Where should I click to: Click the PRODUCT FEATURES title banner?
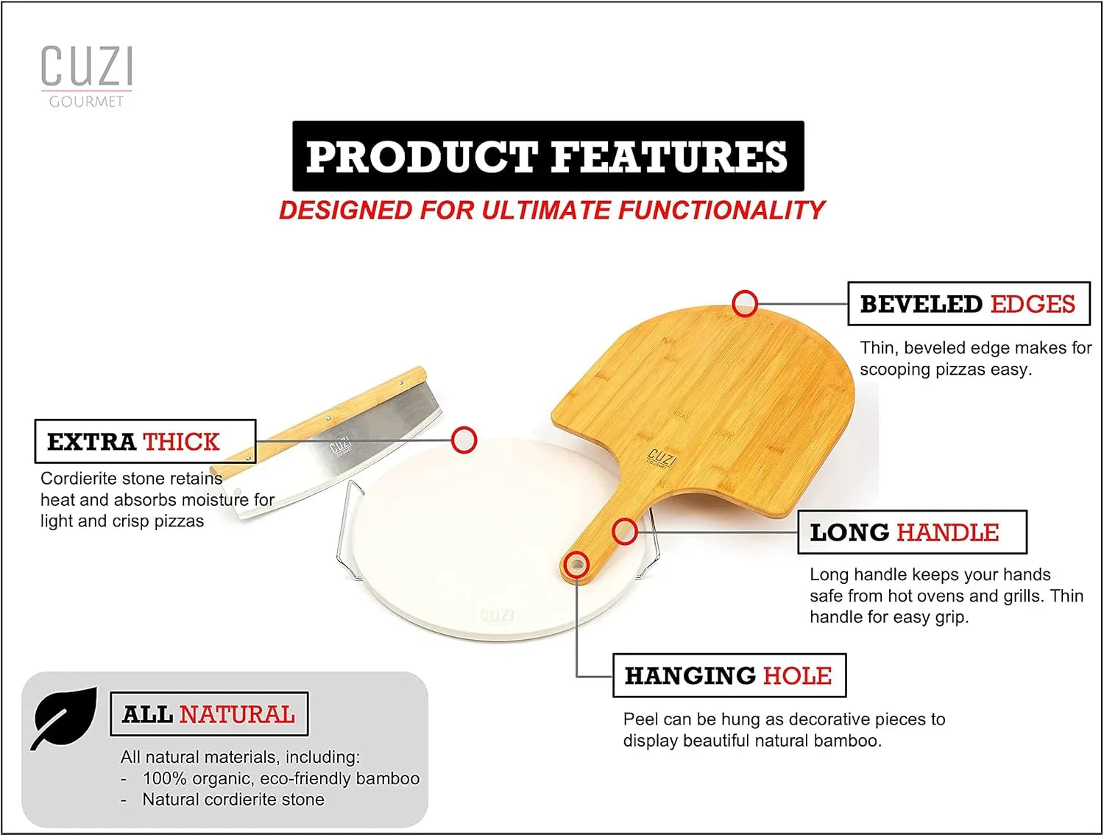548,156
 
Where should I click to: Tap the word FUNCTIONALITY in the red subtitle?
721,211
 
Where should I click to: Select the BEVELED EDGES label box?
968,303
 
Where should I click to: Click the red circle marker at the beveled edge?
745,303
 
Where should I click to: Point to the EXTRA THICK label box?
145,441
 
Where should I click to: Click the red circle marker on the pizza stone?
464,440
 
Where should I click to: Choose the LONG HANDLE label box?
912,532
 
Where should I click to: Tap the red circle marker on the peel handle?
624,531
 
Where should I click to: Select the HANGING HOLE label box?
729,675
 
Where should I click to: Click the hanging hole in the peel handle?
576,565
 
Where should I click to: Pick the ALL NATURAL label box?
208,714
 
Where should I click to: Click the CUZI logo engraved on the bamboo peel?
660,457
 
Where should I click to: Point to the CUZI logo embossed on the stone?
498,616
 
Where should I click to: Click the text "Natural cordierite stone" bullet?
233,800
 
